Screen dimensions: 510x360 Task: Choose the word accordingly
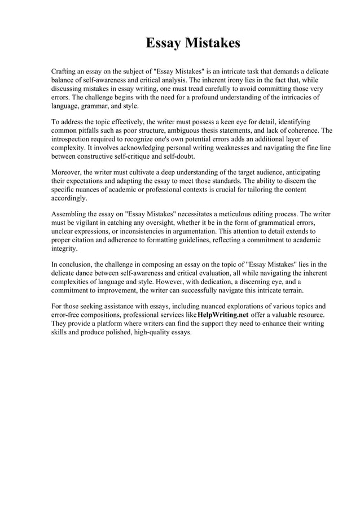click(69, 198)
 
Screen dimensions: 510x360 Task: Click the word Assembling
click(71, 215)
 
